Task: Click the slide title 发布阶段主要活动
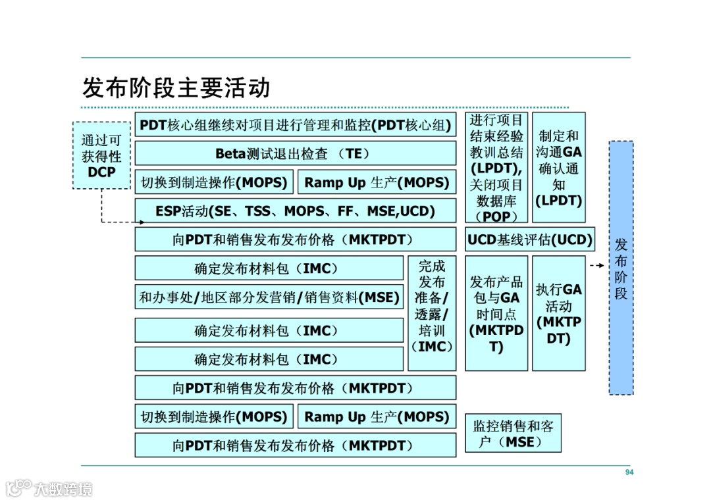tap(176, 88)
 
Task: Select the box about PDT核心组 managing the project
tap(296, 125)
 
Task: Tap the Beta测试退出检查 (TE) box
tap(296, 153)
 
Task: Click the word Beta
tap(230, 153)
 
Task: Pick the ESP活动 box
tap(296, 211)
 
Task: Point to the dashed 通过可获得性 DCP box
tap(101, 156)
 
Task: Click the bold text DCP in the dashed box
tap(101, 172)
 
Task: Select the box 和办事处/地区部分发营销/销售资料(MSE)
tap(269, 297)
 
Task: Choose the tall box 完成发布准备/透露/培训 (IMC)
tap(432, 306)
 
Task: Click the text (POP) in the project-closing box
tap(496, 216)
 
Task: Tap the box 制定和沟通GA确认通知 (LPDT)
tap(558, 168)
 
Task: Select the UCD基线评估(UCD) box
tap(530, 240)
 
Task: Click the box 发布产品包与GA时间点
tap(496, 314)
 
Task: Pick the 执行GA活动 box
tap(558, 314)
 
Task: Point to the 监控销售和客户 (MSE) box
tap(513, 434)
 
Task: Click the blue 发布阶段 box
tap(621, 267)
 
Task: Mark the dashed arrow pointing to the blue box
tap(597, 266)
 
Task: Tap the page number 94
tap(629, 472)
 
